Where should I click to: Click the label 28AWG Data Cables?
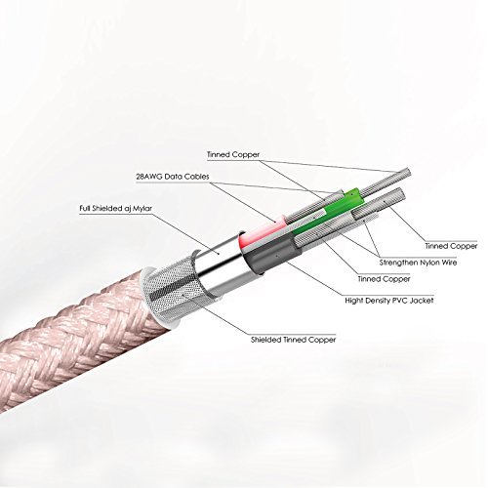[173, 177]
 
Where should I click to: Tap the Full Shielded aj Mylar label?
[116, 208]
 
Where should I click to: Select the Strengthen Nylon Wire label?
[418, 263]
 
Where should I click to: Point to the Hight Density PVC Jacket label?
[389, 301]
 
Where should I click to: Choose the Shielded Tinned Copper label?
[293, 340]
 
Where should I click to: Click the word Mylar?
[142, 209]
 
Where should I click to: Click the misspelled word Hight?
[354, 301]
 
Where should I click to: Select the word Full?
[85, 208]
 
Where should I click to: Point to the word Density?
[378, 301]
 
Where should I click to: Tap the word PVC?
[398, 301]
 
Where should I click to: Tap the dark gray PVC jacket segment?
[271, 255]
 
